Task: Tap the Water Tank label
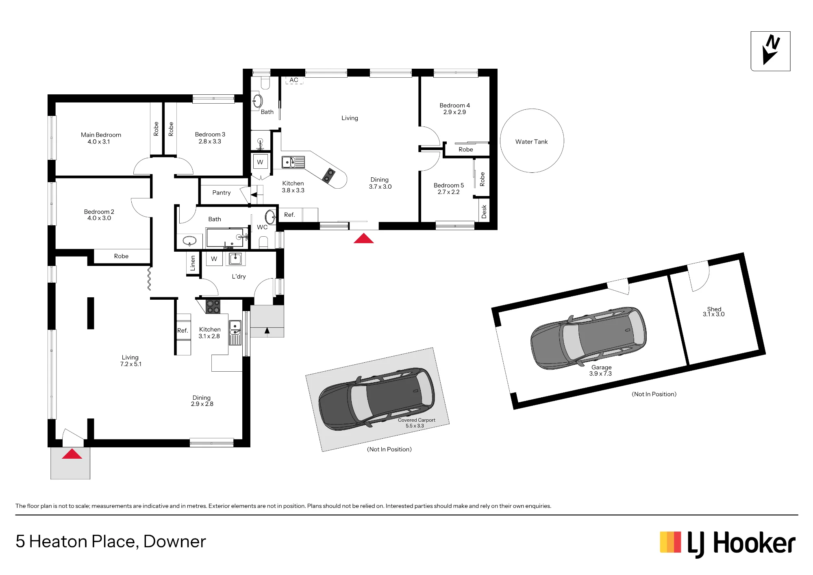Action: tap(531, 142)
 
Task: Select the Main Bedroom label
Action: tap(101, 135)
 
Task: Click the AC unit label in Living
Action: tap(294, 80)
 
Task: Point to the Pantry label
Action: tap(221, 193)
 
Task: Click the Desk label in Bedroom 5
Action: tap(484, 211)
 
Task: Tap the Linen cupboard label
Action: tap(193, 263)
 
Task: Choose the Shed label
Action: tap(714, 309)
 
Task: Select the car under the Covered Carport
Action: tap(376, 399)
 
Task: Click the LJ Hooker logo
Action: tap(727, 544)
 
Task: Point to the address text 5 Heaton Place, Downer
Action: tap(111, 542)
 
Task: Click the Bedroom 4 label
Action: tap(454, 105)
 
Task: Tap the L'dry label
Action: tap(239, 277)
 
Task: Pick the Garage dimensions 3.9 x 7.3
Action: tap(600, 374)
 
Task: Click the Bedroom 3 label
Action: tap(210, 135)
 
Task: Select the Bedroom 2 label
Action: tap(99, 211)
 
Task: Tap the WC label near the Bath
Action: tap(262, 227)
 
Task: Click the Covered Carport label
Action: tap(416, 420)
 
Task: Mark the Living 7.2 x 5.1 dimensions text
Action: tap(130, 364)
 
